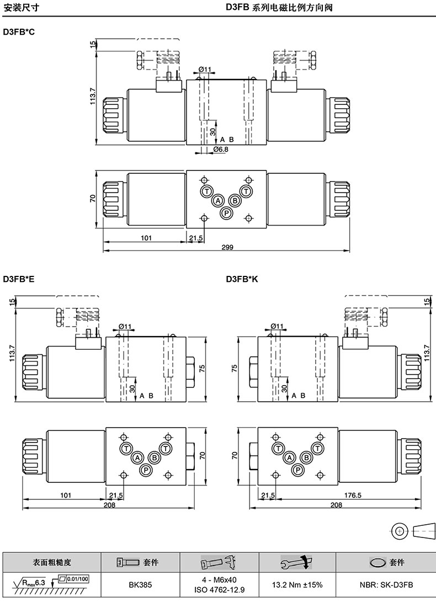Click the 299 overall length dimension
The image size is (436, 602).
227,247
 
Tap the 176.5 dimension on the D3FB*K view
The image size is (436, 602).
353,496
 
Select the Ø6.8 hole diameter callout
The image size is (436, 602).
221,150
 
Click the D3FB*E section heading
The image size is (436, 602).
19,279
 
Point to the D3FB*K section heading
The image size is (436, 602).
242,279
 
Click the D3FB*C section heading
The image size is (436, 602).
19,32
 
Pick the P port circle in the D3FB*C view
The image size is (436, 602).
227,213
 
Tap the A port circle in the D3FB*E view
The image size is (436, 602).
137,457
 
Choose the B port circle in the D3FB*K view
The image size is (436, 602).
306,457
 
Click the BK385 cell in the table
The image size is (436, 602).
140,585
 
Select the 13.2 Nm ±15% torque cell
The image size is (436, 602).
297,585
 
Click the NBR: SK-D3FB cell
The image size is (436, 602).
386,585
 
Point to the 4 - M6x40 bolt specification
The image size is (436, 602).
219,580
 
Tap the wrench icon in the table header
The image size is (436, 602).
296,562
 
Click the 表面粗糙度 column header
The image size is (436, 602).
52,562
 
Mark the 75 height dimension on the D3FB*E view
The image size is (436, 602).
203,369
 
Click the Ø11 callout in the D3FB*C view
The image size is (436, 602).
205,70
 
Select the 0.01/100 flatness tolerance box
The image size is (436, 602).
77,579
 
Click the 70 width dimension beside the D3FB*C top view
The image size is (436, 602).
93,199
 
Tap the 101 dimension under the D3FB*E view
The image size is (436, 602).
66,496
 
